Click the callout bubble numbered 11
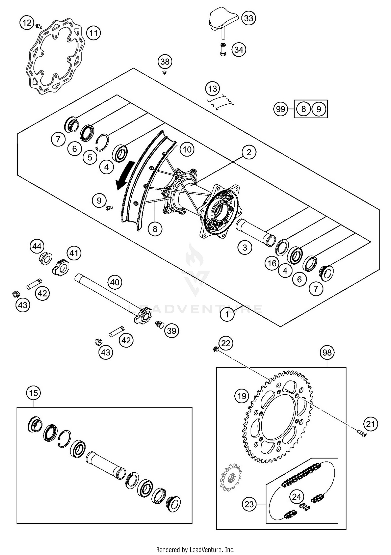point(93,33)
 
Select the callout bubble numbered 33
point(248,18)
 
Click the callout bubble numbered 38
point(165,62)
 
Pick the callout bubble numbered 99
point(280,109)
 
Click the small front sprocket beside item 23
point(230,478)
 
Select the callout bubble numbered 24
point(296,497)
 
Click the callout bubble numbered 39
point(172,331)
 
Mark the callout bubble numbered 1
point(227,314)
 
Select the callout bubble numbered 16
point(272,263)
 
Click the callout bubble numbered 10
point(187,150)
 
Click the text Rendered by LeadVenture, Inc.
point(195,550)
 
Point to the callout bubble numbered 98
point(327,353)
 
